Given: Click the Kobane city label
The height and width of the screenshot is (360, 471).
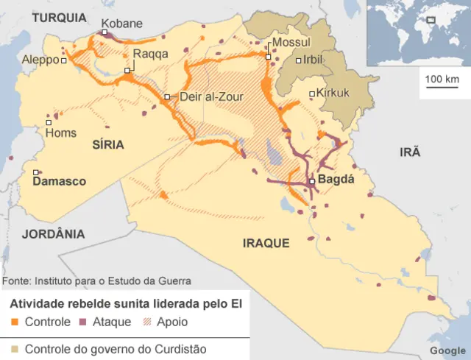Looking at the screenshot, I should point(121,24).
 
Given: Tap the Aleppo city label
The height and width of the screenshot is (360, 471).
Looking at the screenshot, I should point(40,60).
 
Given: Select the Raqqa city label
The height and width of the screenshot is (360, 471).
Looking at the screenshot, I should point(150,54).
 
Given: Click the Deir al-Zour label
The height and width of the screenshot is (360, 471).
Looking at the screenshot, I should point(211,96).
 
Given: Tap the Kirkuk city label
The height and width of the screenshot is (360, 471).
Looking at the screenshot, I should point(333,93).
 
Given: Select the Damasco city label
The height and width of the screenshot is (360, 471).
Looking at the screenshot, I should point(60,181).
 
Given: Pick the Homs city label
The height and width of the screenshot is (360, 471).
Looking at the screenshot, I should point(60,133).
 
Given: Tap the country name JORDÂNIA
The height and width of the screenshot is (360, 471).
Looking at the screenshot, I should point(52,234).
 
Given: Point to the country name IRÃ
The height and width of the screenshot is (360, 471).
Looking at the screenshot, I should point(409,152).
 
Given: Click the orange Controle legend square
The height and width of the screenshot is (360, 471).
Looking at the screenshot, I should point(15,322).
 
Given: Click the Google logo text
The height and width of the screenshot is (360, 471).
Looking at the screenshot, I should point(447,350).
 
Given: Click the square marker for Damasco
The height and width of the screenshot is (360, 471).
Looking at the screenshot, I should point(35,173).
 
